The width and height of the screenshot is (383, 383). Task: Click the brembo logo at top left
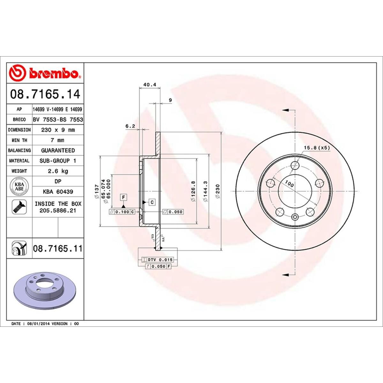coord(45,73)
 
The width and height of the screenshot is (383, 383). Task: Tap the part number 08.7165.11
coord(57,248)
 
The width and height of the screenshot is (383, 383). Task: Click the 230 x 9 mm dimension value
coord(58,130)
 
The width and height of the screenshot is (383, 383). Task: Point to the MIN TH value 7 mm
coord(58,140)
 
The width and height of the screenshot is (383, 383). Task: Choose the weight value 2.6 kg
coord(58,171)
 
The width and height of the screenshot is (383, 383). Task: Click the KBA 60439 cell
coord(58,192)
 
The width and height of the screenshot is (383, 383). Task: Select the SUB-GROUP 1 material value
coord(58,161)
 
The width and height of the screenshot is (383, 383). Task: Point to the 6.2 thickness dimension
coord(130,126)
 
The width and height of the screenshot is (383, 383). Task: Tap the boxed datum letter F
coord(123,197)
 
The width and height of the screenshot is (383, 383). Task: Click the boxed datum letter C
coord(152,202)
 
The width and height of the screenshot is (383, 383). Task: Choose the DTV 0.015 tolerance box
coord(159,260)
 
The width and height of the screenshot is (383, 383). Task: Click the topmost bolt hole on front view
coord(296,165)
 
